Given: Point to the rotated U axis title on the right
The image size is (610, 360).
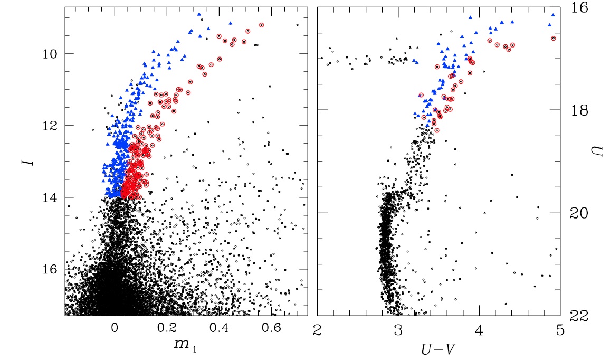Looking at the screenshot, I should pyautogui.click(x=595, y=153).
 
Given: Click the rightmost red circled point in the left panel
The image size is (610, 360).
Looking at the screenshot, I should pyautogui.click(x=261, y=25).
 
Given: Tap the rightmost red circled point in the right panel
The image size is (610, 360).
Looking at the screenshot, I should pyautogui.click(x=553, y=38).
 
